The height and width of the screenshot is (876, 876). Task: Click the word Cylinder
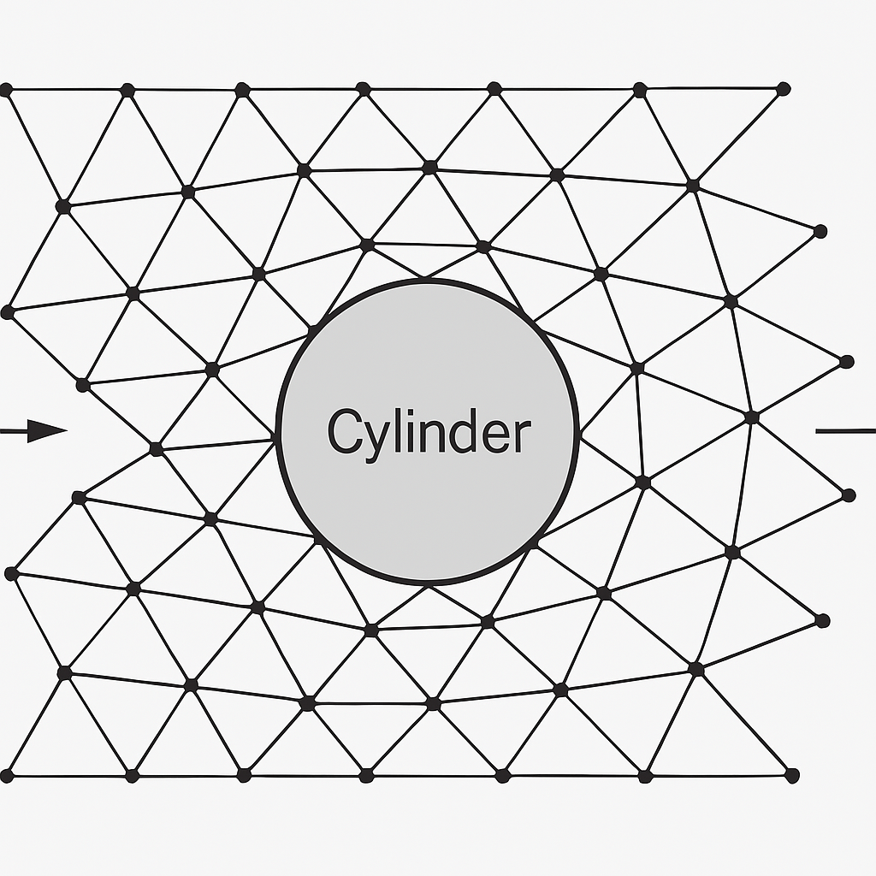click(429, 433)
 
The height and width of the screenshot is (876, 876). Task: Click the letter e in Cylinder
click(497, 436)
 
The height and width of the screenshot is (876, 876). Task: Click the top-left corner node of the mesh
click(6, 89)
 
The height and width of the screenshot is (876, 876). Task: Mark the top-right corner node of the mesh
click(783, 88)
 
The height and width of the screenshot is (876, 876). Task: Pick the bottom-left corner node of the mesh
click(6, 776)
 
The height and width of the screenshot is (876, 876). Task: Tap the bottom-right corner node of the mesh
click(791, 775)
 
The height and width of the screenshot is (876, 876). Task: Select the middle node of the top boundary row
click(363, 88)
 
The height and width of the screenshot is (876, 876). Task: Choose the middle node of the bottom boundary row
click(366, 775)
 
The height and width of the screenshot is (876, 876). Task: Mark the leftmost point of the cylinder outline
click(278, 432)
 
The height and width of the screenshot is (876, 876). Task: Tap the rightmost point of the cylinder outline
click(578, 432)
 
